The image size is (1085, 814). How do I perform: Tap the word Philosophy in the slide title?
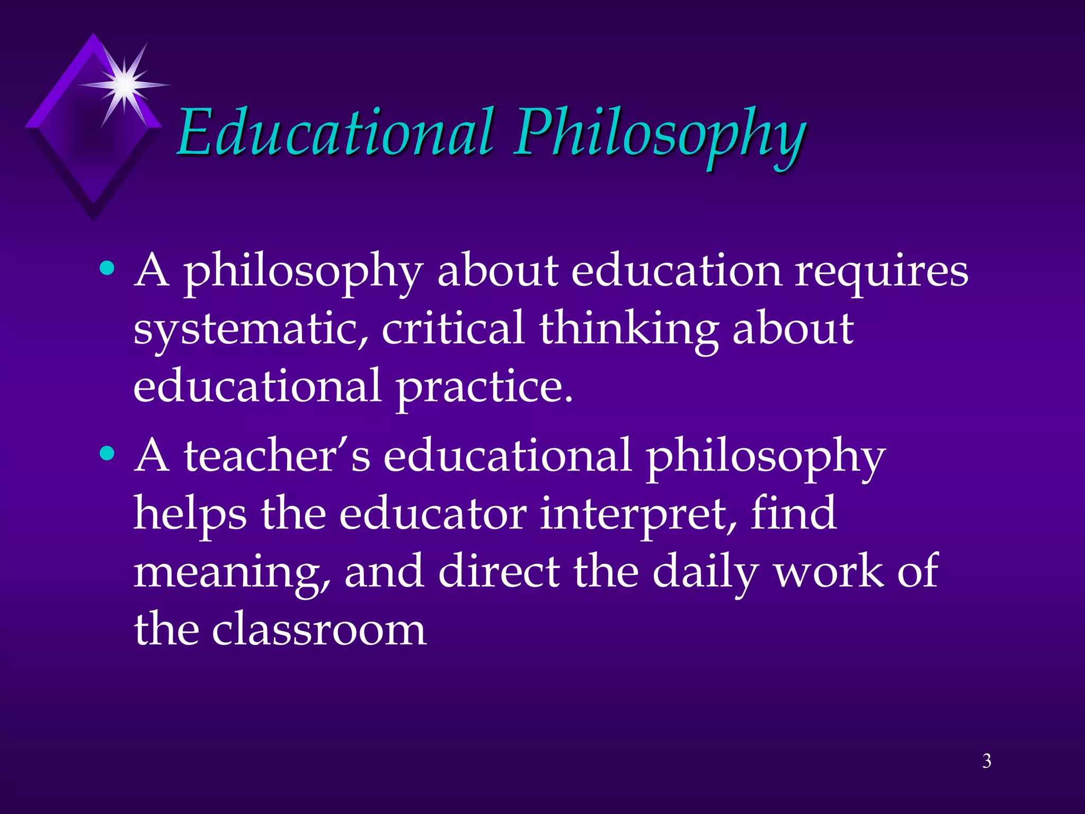(660, 135)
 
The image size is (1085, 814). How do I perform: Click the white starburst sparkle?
(124, 84)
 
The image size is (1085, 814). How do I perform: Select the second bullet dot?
(107, 453)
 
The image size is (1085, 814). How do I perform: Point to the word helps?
(190, 515)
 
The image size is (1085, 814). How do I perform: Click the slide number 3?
(986, 761)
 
